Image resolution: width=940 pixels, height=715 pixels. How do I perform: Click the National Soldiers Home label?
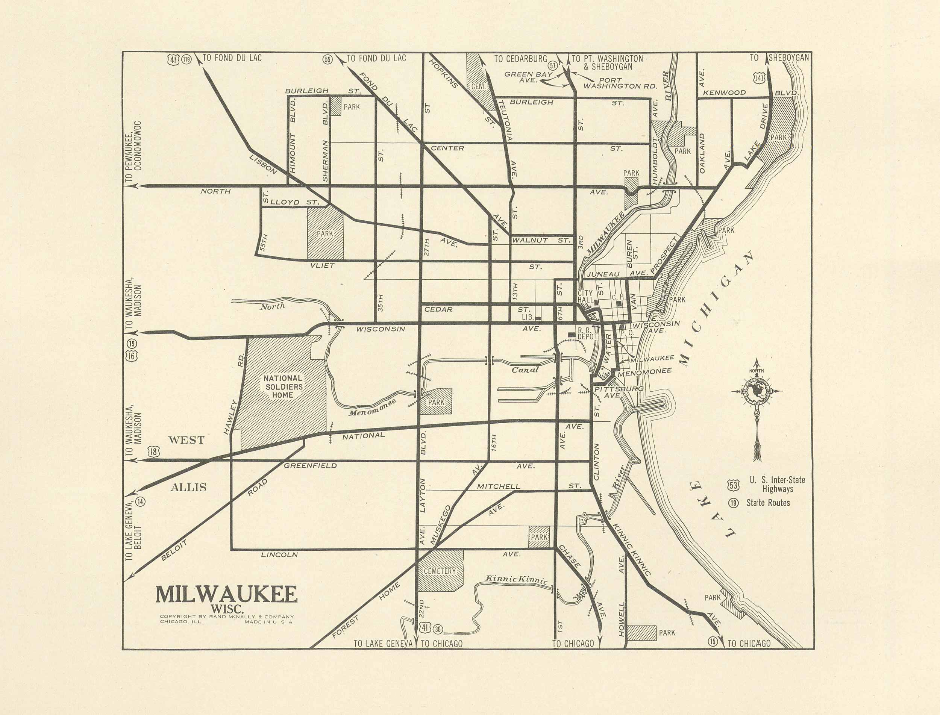[283, 386]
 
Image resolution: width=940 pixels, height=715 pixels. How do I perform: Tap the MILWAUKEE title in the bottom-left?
[226, 595]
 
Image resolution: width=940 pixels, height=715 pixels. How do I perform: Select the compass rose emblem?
[757, 392]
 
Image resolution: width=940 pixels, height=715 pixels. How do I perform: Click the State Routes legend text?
[767, 503]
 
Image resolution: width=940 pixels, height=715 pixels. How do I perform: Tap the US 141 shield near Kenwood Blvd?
[759, 78]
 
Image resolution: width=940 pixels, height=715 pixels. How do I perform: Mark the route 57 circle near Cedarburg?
[553, 65]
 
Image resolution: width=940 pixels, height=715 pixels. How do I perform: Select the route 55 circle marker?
[327, 59]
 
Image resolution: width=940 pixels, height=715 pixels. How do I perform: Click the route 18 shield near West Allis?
[154, 452]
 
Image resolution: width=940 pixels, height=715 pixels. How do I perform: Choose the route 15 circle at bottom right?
[713, 641]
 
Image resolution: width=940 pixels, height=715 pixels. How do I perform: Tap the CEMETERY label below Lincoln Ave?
[440, 571]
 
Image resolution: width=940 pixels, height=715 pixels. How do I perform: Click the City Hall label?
[585, 297]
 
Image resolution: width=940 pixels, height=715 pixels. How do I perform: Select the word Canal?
[525, 370]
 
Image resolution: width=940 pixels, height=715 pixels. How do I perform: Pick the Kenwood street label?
[724, 92]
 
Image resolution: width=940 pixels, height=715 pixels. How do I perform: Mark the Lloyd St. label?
[294, 202]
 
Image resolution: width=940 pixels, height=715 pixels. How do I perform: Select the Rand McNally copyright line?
[226, 616]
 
